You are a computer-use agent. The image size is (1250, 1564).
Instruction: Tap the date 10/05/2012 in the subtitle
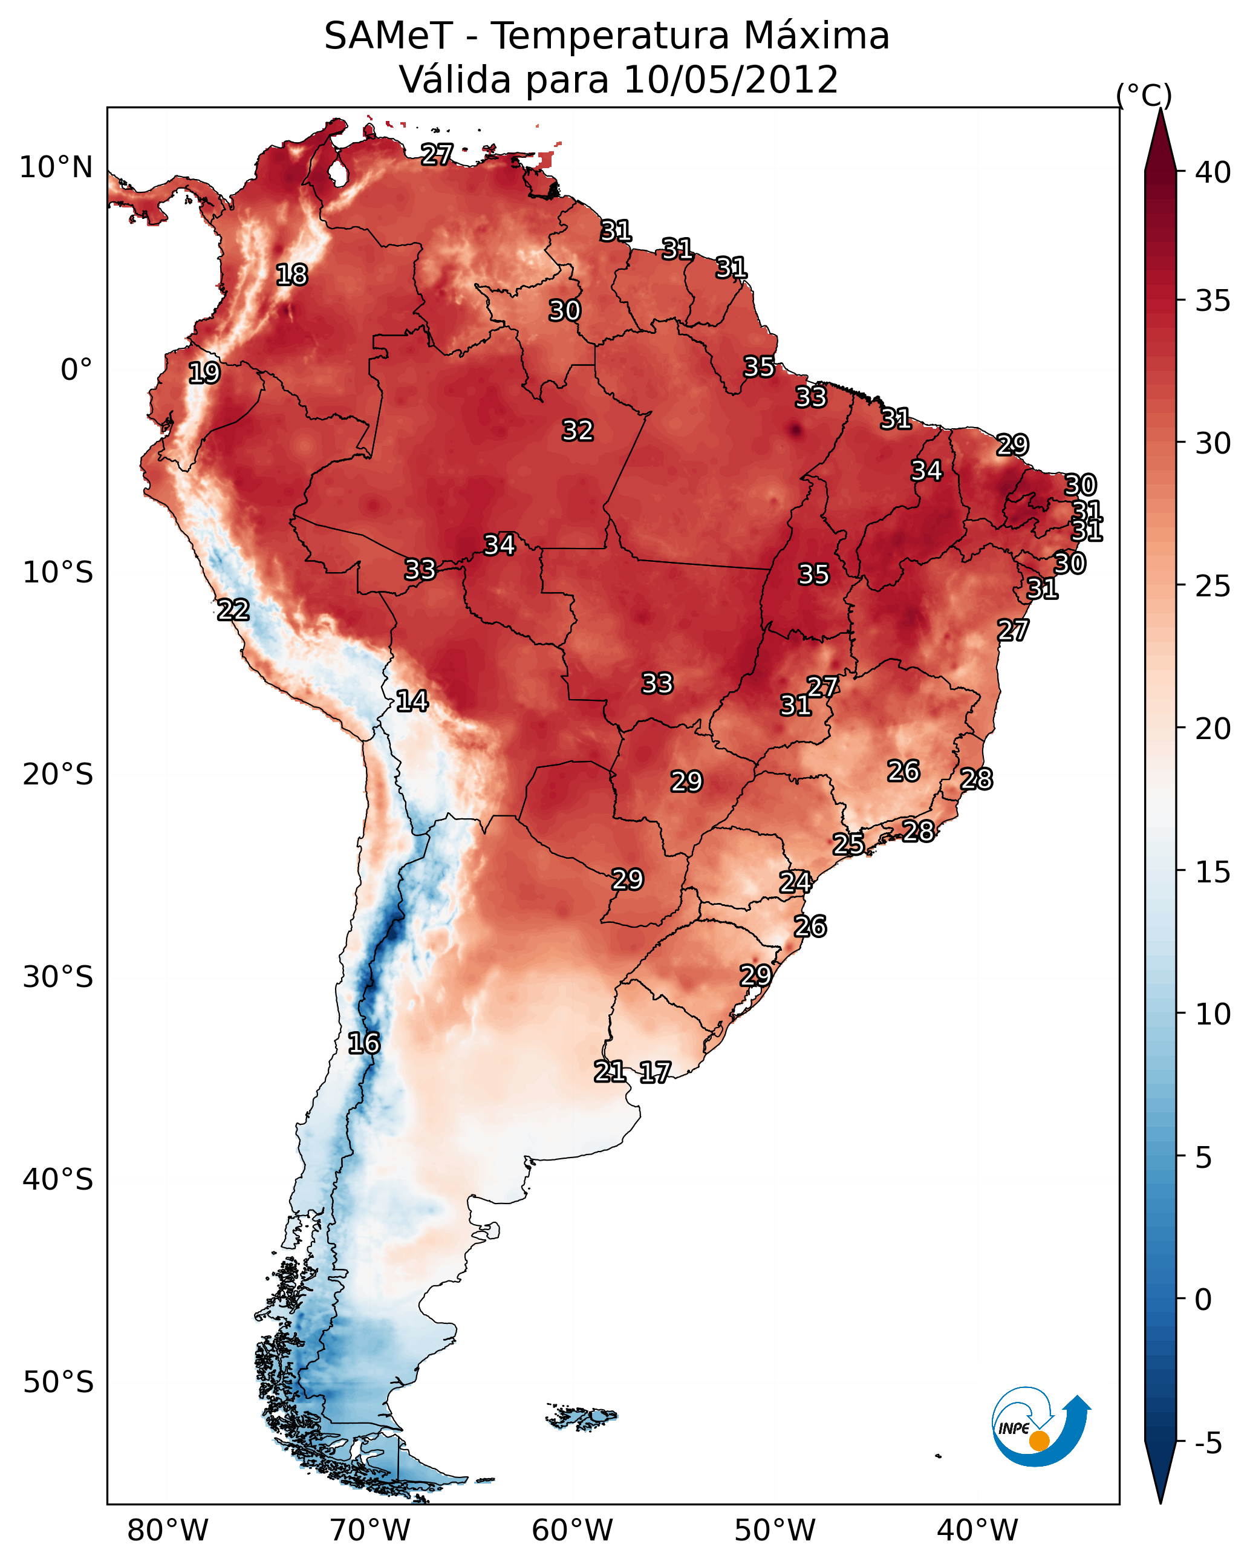tap(731, 80)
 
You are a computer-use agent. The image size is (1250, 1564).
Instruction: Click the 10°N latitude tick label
tap(56, 168)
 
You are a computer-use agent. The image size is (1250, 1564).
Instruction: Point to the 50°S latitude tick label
tap(58, 1383)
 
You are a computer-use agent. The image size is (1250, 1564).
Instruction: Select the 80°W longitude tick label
tap(168, 1531)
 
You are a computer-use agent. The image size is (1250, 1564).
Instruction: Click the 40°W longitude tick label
tap(977, 1531)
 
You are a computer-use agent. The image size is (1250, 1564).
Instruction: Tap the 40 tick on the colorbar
tap(1213, 172)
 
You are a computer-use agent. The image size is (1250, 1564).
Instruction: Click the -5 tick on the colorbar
tap(1209, 1444)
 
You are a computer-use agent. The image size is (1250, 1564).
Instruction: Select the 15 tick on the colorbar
tap(1213, 872)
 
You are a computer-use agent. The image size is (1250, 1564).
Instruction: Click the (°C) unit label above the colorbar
tap(1144, 95)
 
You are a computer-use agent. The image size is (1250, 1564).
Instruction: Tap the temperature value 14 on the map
tap(412, 701)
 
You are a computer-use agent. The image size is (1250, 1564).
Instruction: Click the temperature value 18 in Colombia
tap(291, 275)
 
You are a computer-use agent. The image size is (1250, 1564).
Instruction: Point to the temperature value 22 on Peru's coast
tap(233, 610)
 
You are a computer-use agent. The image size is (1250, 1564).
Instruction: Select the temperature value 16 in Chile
tap(363, 1043)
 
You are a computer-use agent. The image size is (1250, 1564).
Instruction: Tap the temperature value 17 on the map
tap(655, 1072)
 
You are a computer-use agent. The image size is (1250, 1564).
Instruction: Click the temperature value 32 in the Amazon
tap(578, 431)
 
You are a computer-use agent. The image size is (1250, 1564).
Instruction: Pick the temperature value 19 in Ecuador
tap(204, 373)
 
